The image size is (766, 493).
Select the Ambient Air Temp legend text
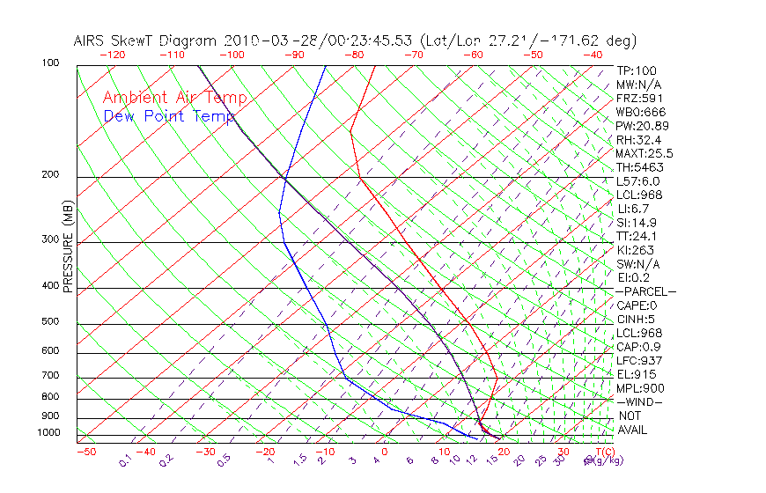click(174, 98)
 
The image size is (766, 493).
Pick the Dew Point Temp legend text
click(169, 116)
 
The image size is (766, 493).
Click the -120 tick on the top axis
click(112, 54)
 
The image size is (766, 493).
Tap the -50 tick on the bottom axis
click(85, 453)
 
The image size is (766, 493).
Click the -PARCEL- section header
click(645, 291)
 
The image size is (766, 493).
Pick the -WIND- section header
click(640, 401)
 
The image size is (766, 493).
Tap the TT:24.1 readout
click(637, 236)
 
